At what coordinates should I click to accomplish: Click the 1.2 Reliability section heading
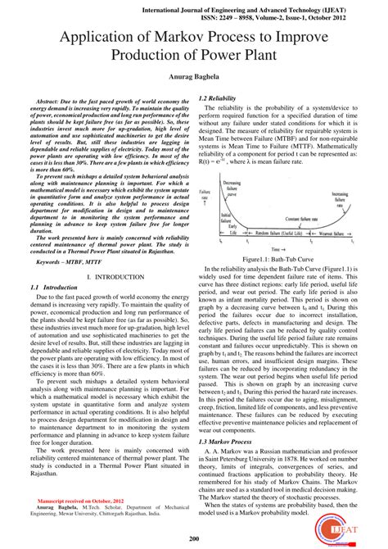click(217, 98)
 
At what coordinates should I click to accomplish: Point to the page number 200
click(193, 538)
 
